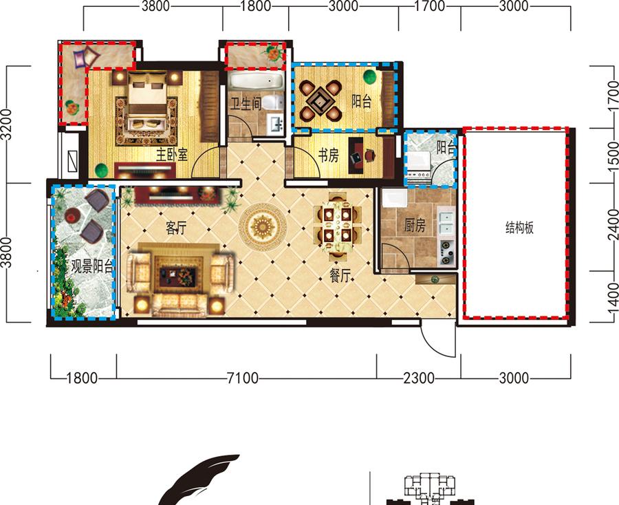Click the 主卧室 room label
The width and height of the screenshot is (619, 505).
pyautogui.click(x=171, y=155)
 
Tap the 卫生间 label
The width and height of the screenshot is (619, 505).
pyautogui.click(x=246, y=105)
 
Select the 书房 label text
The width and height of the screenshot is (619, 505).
pyautogui.click(x=329, y=155)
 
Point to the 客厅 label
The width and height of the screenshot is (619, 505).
pyautogui.click(x=176, y=228)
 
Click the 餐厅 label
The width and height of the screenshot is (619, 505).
pyautogui.click(x=340, y=276)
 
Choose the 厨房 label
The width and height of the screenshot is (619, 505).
pyautogui.click(x=415, y=226)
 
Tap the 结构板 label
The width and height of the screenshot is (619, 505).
pyautogui.click(x=519, y=228)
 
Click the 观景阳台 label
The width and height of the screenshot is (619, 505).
pyautogui.click(x=92, y=266)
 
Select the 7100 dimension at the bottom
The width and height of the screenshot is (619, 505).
pyautogui.click(x=243, y=378)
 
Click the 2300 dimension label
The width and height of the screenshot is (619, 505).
pyautogui.click(x=418, y=378)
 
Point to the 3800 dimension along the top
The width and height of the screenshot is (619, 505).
pyautogui.click(x=155, y=6)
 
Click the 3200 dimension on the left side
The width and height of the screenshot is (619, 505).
pyautogui.click(x=7, y=125)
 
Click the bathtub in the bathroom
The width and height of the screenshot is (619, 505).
pyautogui.click(x=257, y=81)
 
